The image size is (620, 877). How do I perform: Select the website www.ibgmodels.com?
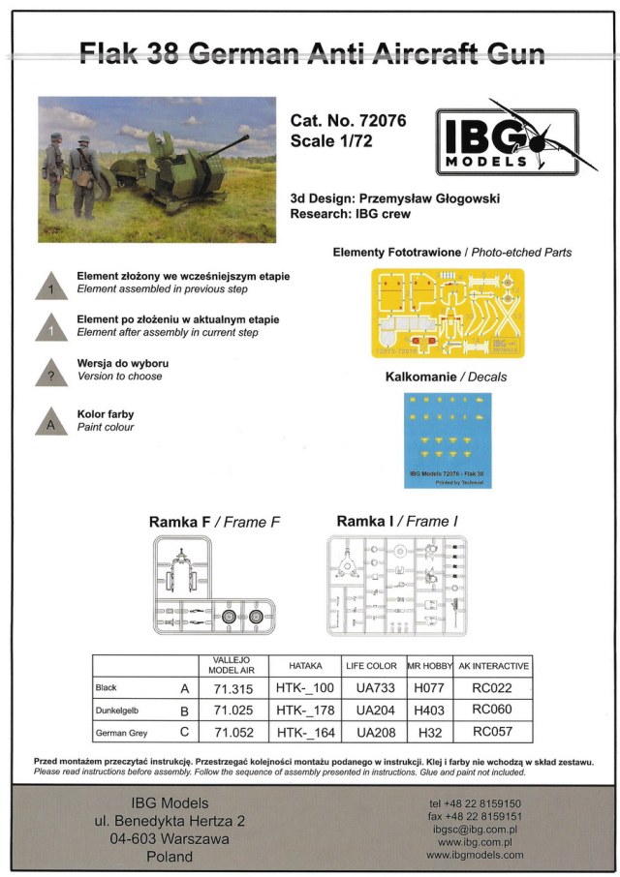(x=475, y=855)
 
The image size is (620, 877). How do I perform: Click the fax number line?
(x=475, y=817)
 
